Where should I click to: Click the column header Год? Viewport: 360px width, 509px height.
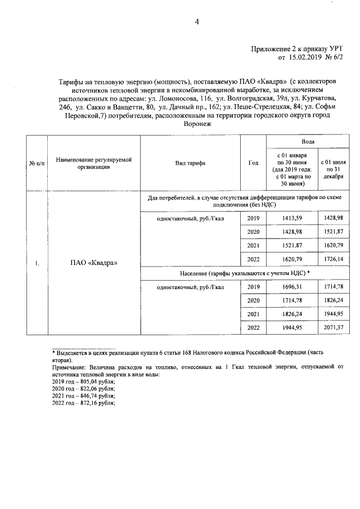coord(253,163)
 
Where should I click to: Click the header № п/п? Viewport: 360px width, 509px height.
coord(37,163)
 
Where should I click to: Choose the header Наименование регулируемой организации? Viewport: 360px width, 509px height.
coord(93,163)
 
